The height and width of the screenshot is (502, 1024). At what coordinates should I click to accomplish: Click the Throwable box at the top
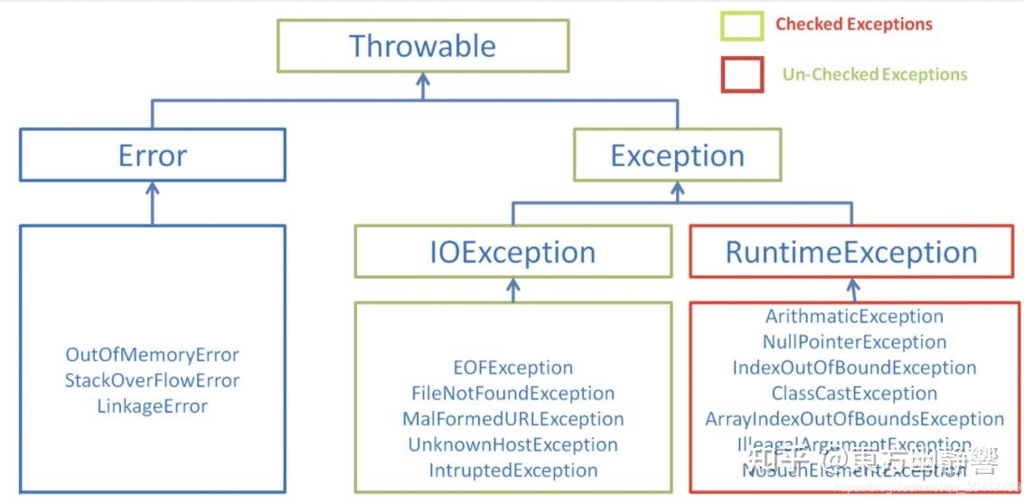click(422, 46)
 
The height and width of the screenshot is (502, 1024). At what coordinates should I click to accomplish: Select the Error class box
click(153, 155)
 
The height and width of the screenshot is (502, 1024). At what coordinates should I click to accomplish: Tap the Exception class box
click(677, 155)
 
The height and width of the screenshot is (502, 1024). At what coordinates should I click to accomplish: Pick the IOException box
click(512, 252)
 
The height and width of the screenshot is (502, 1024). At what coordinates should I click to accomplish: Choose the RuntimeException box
click(851, 252)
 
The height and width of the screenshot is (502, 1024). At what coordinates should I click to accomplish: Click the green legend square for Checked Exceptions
click(742, 25)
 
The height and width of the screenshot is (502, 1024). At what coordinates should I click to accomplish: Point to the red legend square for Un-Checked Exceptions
click(742, 75)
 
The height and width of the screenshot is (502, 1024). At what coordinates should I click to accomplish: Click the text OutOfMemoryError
click(152, 355)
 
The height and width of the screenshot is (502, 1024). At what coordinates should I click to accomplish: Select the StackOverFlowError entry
click(152, 380)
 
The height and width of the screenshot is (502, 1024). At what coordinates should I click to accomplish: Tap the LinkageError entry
click(152, 406)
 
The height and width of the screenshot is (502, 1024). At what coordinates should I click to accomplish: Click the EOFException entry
click(512, 367)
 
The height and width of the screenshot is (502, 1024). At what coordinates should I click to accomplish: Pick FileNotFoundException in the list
click(512, 394)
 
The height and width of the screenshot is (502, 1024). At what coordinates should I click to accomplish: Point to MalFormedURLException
click(512, 419)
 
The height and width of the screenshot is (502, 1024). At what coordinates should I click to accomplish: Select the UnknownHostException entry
click(512, 445)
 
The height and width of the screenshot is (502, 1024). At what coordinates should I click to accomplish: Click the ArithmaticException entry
click(854, 316)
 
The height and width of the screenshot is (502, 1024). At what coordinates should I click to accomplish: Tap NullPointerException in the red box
click(854, 342)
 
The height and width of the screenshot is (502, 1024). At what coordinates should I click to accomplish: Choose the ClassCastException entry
click(854, 394)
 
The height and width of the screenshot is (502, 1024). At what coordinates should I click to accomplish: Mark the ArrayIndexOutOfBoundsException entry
click(854, 419)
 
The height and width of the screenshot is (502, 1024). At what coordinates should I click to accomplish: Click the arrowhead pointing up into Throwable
click(422, 80)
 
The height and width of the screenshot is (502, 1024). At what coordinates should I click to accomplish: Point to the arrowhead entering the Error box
click(152, 189)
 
